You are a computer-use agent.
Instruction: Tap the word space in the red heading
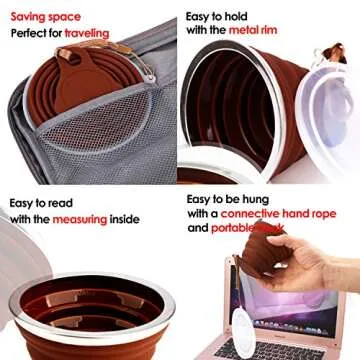(x=74, y=16)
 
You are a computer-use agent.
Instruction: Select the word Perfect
(x=33, y=33)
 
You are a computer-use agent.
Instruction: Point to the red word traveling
(x=115, y=33)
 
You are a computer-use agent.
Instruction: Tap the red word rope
(x=335, y=214)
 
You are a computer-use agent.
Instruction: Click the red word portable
(x=237, y=229)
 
